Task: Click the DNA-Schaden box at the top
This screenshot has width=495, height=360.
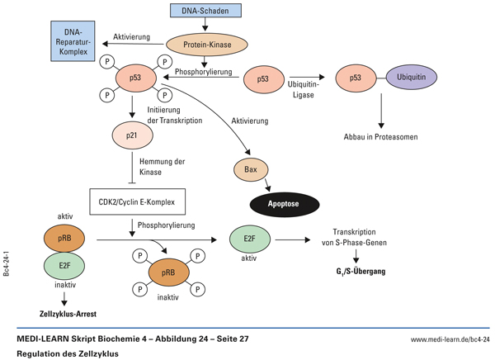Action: (206, 11)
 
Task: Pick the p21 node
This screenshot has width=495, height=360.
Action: (132, 134)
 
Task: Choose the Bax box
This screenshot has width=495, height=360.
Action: (252, 170)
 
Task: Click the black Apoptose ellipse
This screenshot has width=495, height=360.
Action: (285, 201)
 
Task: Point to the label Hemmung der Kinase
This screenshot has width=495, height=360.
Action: (163, 167)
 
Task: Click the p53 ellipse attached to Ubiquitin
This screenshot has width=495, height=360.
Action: (356, 79)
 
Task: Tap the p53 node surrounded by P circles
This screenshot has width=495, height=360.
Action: (132, 79)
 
